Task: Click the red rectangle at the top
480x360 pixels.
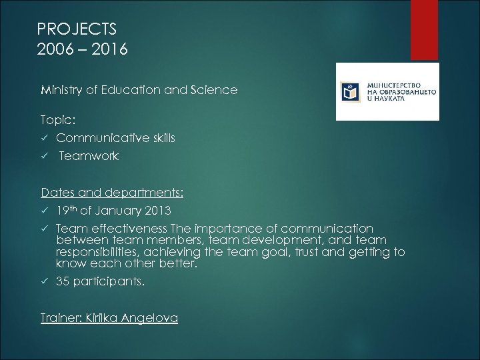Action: tap(424, 30)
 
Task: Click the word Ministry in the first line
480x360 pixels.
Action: tap(62, 89)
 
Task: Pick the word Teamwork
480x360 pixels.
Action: tap(89, 156)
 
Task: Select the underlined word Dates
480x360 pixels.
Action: tap(57, 193)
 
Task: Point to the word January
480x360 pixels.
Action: tap(118, 211)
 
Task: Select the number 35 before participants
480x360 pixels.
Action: tap(63, 281)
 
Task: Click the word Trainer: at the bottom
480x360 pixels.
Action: tap(61, 318)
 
